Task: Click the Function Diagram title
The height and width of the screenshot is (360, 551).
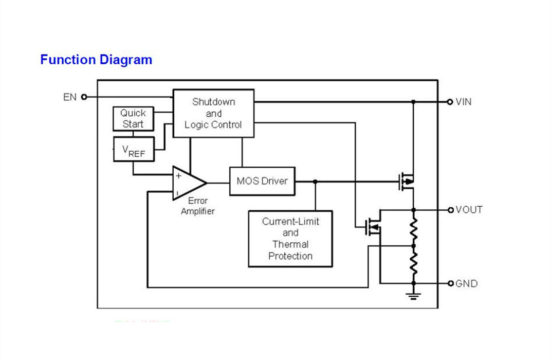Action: [96, 60]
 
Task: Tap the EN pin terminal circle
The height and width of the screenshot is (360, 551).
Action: [84, 97]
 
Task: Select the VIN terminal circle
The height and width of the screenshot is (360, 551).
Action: [450, 102]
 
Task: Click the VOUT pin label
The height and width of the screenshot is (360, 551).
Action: [469, 210]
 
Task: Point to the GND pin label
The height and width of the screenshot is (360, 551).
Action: [467, 283]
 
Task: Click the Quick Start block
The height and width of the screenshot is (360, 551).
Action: [134, 119]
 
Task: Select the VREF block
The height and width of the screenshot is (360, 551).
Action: [134, 150]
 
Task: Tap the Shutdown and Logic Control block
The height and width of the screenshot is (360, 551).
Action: [214, 113]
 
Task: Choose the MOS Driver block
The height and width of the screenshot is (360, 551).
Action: [262, 181]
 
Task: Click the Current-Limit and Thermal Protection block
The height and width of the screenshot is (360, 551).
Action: [290, 239]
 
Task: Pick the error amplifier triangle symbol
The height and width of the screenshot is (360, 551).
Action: [189, 183]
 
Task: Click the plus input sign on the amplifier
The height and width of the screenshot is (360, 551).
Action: [178, 175]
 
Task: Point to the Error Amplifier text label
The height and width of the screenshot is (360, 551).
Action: [197, 206]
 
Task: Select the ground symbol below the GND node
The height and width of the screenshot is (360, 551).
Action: [414, 296]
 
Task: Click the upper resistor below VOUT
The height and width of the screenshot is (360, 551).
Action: [414, 228]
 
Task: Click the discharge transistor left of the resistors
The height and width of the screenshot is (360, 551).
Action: [373, 227]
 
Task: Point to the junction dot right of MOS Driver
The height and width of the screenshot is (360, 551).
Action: [315, 182]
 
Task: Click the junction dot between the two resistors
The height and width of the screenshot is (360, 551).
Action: [414, 246]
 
